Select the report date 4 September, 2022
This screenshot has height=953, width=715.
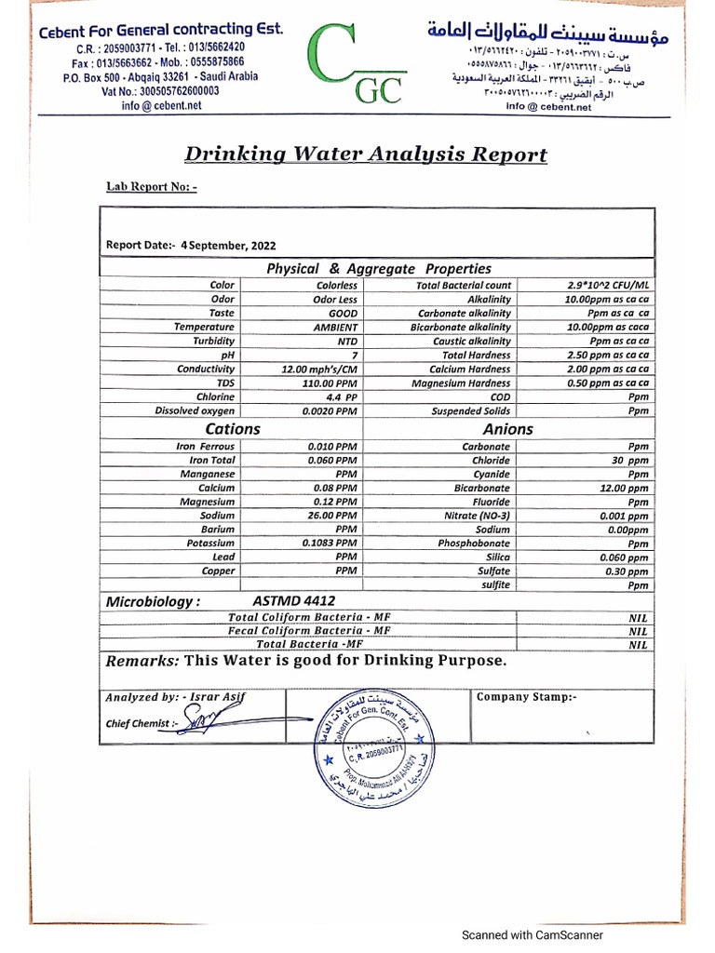228,246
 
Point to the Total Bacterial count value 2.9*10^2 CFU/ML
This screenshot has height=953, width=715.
608,286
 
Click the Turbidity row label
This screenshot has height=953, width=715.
214,342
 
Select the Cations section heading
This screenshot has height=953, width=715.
233,429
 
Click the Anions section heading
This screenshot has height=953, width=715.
508,429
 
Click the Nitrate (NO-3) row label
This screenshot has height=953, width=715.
476,516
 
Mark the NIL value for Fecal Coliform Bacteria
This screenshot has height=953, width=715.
638,631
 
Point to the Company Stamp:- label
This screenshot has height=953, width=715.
527,697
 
